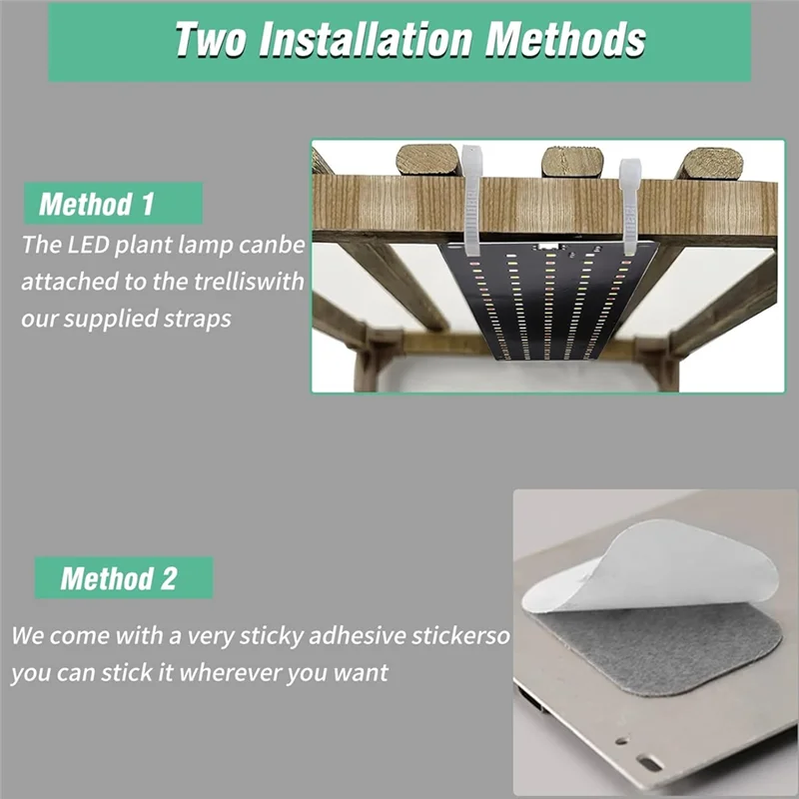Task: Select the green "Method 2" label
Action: (119, 577)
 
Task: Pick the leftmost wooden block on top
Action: (426, 160)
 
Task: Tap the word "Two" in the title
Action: (212, 40)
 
